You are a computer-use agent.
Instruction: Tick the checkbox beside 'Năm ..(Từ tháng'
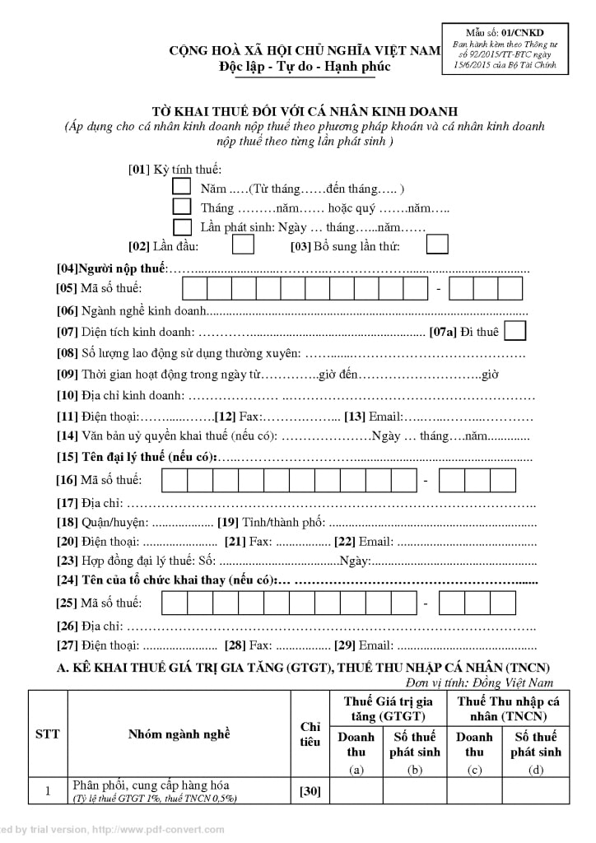click(x=182, y=187)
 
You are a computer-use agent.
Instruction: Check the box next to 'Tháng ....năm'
click(x=182, y=207)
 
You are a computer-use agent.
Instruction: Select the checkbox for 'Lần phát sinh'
click(x=182, y=226)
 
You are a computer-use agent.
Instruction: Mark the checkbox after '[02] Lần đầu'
click(x=243, y=245)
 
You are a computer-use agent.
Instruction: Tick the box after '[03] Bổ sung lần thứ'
click(x=437, y=245)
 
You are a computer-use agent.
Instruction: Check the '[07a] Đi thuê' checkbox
click(x=515, y=331)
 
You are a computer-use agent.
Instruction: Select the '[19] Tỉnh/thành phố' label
click(x=272, y=522)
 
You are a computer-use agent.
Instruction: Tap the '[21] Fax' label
click(x=248, y=543)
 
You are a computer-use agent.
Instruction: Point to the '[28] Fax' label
click(x=248, y=645)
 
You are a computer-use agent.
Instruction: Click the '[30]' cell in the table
click(x=310, y=792)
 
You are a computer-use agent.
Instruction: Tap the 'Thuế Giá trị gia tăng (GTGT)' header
click(x=387, y=708)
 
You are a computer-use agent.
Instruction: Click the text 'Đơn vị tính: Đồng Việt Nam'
click(x=479, y=682)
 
